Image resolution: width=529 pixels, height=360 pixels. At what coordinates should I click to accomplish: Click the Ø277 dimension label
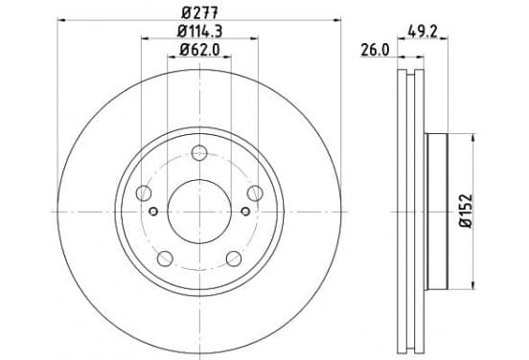tap(199, 12)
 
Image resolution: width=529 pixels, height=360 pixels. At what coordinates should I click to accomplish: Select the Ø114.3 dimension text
tap(199, 32)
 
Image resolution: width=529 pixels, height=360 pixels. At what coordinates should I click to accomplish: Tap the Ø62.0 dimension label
tap(199, 50)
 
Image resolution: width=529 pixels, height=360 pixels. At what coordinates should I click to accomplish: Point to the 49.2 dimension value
tap(423, 32)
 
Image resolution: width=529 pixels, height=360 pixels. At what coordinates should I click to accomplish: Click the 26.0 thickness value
tap(375, 51)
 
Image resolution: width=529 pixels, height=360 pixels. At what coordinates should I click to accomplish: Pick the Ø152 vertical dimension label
tap(467, 212)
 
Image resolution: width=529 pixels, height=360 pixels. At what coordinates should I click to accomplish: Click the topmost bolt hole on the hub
tap(199, 152)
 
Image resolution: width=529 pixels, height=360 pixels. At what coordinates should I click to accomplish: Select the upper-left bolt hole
tap(144, 193)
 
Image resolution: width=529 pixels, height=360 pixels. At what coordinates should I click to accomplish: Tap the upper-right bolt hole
tap(255, 193)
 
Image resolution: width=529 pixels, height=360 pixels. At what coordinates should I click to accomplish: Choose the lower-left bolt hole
tap(165, 259)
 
